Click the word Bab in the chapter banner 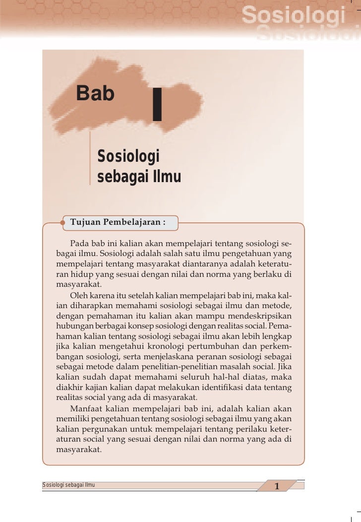tap(95, 93)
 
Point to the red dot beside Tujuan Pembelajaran tap(63, 222)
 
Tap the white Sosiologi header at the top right tap(293, 18)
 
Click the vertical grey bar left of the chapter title tap(90, 158)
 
